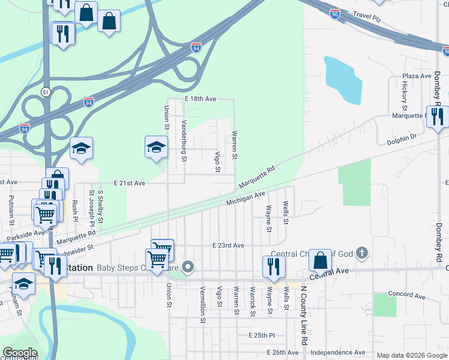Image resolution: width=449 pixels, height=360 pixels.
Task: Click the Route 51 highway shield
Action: pyautogui.click(x=46, y=91)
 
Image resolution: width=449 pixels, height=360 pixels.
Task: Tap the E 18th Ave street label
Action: pyautogui.click(x=200, y=98)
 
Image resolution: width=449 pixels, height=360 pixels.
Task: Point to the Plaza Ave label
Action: pyautogui.click(x=417, y=76)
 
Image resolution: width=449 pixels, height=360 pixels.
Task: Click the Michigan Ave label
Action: pyautogui.click(x=246, y=199)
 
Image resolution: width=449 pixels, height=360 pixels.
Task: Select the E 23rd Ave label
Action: pyautogui.click(x=228, y=245)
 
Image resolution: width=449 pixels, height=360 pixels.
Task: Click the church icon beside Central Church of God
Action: pyautogui.click(x=361, y=253)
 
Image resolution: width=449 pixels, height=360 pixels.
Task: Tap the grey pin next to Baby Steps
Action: pyautogui.click(x=188, y=267)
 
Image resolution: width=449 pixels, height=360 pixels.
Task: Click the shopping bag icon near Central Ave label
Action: pyautogui.click(x=320, y=260)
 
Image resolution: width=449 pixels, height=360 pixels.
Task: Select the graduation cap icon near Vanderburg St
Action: pyautogui.click(x=155, y=146)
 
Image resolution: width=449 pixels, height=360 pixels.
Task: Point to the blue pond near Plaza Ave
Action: pyautogui.click(x=343, y=81)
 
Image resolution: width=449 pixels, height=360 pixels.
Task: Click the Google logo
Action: pyautogui.click(x=19, y=353)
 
